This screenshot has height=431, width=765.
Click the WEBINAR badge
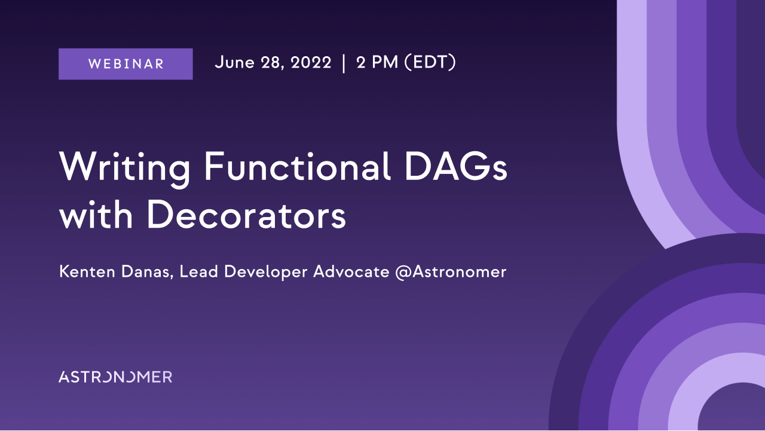click(126, 64)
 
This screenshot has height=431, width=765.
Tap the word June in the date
click(235, 62)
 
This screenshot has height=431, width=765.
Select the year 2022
click(311, 63)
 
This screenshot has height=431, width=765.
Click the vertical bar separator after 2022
click(344, 63)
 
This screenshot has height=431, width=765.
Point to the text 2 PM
click(377, 63)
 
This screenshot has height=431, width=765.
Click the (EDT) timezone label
click(430, 62)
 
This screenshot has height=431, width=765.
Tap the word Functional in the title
click(297, 166)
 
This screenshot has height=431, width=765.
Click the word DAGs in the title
click(455, 166)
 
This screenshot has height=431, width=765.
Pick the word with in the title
click(96, 215)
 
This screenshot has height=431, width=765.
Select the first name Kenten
click(87, 271)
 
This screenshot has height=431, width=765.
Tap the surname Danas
click(147, 272)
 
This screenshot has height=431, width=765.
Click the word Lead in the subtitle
click(198, 271)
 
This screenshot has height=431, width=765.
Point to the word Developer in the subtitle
click(266, 273)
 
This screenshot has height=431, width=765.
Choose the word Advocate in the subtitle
click(351, 271)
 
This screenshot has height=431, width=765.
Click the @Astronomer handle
click(451, 272)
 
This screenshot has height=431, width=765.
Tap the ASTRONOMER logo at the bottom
click(115, 377)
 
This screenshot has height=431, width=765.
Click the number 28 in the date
click(272, 63)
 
